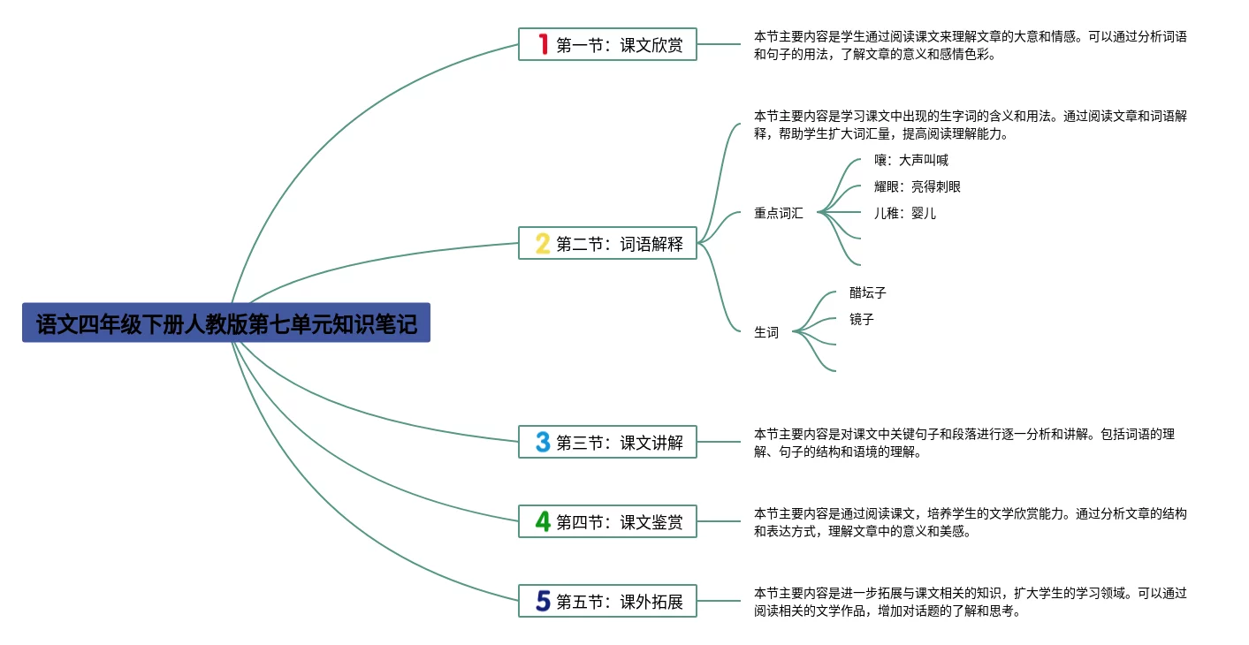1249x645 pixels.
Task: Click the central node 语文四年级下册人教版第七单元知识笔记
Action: coord(226,323)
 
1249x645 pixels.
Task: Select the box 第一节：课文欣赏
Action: coord(607,44)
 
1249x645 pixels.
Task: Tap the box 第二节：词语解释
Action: coord(607,243)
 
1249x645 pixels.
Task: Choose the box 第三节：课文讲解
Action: coord(607,442)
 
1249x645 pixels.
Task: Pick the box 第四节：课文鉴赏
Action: coord(607,521)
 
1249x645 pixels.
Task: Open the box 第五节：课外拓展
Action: coord(607,601)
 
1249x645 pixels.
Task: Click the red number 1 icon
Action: coord(543,44)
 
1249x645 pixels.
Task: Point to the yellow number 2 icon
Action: coord(543,243)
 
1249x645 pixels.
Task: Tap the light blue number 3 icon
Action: coord(543,442)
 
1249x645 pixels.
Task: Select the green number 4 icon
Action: coord(543,521)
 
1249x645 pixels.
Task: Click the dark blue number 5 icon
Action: coord(543,601)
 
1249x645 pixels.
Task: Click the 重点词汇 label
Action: coord(778,213)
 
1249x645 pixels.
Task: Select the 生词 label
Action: coord(766,332)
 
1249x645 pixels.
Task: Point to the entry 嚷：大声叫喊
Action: coord(911,160)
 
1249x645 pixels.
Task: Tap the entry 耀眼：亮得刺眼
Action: coord(918,186)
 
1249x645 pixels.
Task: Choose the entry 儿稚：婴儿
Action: coord(905,213)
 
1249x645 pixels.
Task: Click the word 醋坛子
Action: coord(868,292)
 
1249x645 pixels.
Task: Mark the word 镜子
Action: coord(862,319)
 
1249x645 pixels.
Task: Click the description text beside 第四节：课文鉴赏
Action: coord(970,522)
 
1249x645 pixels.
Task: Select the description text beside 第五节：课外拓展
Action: coord(970,602)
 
